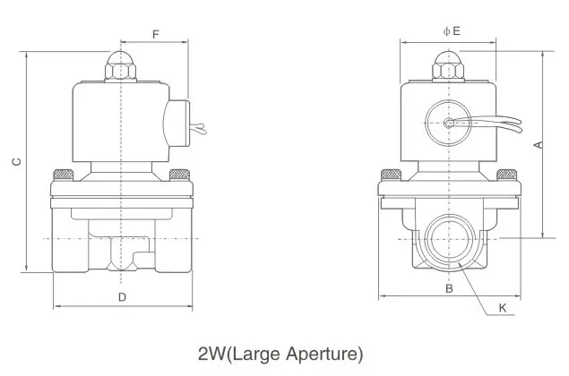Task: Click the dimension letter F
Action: (155, 35)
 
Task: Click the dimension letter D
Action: (122, 295)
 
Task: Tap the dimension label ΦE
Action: (452, 30)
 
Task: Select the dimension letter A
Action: (538, 144)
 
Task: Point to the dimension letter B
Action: (451, 288)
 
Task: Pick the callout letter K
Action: (503, 308)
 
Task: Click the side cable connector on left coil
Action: (176, 123)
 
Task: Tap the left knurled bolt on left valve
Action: (64, 173)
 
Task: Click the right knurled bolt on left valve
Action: (178, 173)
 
